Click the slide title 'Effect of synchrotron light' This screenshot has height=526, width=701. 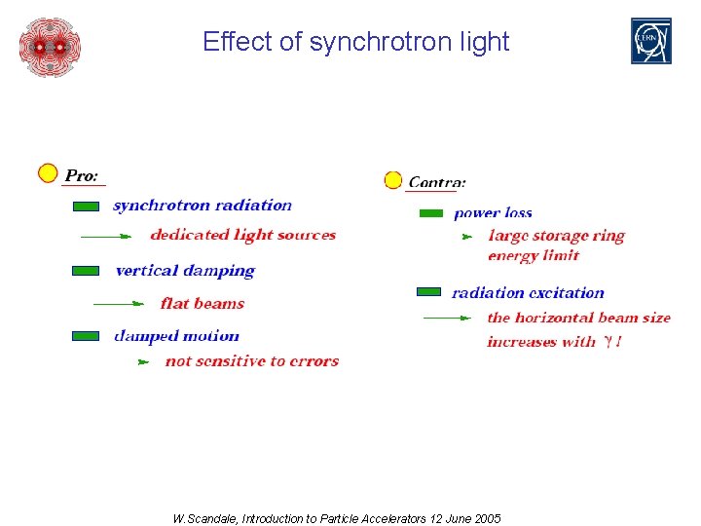[x=355, y=42]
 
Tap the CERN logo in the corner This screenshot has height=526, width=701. [x=650, y=41]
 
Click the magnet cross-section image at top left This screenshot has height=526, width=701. [x=50, y=46]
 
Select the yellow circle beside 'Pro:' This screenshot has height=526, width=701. [x=48, y=173]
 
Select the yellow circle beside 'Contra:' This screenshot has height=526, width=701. [x=393, y=180]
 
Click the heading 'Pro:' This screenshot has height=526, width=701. [x=82, y=176]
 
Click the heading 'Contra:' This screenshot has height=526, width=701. [x=436, y=182]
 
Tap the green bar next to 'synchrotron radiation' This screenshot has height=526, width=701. [x=86, y=207]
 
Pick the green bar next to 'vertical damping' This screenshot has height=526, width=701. [x=86, y=271]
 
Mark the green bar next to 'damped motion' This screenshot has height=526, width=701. [x=86, y=336]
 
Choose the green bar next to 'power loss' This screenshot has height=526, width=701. [x=430, y=213]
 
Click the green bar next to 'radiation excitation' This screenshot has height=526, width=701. [x=428, y=292]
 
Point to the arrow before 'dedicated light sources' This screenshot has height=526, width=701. [x=105, y=236]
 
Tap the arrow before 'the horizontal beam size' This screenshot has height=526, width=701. [x=447, y=318]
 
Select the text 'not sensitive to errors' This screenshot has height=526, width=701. [x=252, y=361]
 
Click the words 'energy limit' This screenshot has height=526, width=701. [x=534, y=256]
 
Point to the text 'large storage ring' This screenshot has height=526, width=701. [x=556, y=236]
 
